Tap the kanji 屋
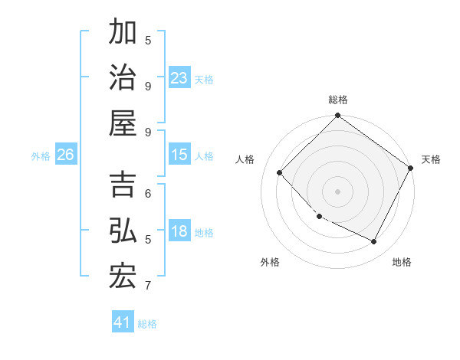pos(123,123)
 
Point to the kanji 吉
pos(123,186)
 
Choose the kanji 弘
pos(123,232)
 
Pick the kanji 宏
pos(123,277)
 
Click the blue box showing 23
pos(179,78)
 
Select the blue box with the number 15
pos(179,155)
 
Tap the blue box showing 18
pos(179,232)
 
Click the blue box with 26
pos(65,155)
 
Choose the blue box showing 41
pos(123,322)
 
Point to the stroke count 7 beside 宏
pos(148,286)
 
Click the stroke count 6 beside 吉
pos(148,193)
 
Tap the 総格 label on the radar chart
pos(338,100)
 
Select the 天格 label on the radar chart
pos(431,159)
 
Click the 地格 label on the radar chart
pos(402,262)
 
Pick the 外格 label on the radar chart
pos(270,262)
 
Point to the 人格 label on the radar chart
pos(245,159)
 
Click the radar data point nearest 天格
pos(410,169)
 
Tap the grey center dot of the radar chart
pos(337,191)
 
